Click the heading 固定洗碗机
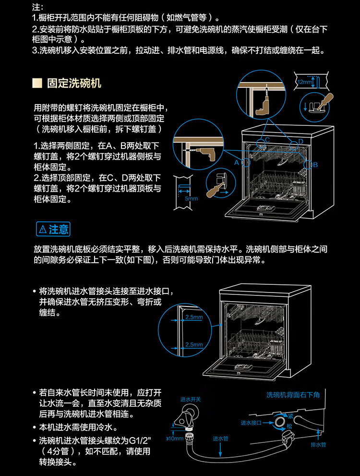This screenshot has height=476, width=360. click(x=74, y=83)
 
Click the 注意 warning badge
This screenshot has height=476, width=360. click(x=53, y=229)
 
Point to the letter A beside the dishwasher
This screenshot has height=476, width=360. click(x=236, y=163)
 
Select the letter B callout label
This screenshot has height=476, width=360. click(x=315, y=165)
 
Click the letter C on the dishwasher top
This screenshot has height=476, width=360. click(x=267, y=139)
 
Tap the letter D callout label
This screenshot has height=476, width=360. click(x=301, y=141)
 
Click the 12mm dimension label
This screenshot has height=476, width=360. click(x=304, y=82)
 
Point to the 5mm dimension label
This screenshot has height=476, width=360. click(x=191, y=198)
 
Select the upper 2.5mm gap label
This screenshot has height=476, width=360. click(x=194, y=317)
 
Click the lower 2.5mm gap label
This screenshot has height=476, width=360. click(x=194, y=344)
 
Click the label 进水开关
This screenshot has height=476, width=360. click(x=191, y=399)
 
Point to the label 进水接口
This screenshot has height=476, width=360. click(x=251, y=423)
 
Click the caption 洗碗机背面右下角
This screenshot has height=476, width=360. click(x=293, y=394)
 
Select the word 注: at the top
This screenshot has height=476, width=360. click(x=37, y=8)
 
